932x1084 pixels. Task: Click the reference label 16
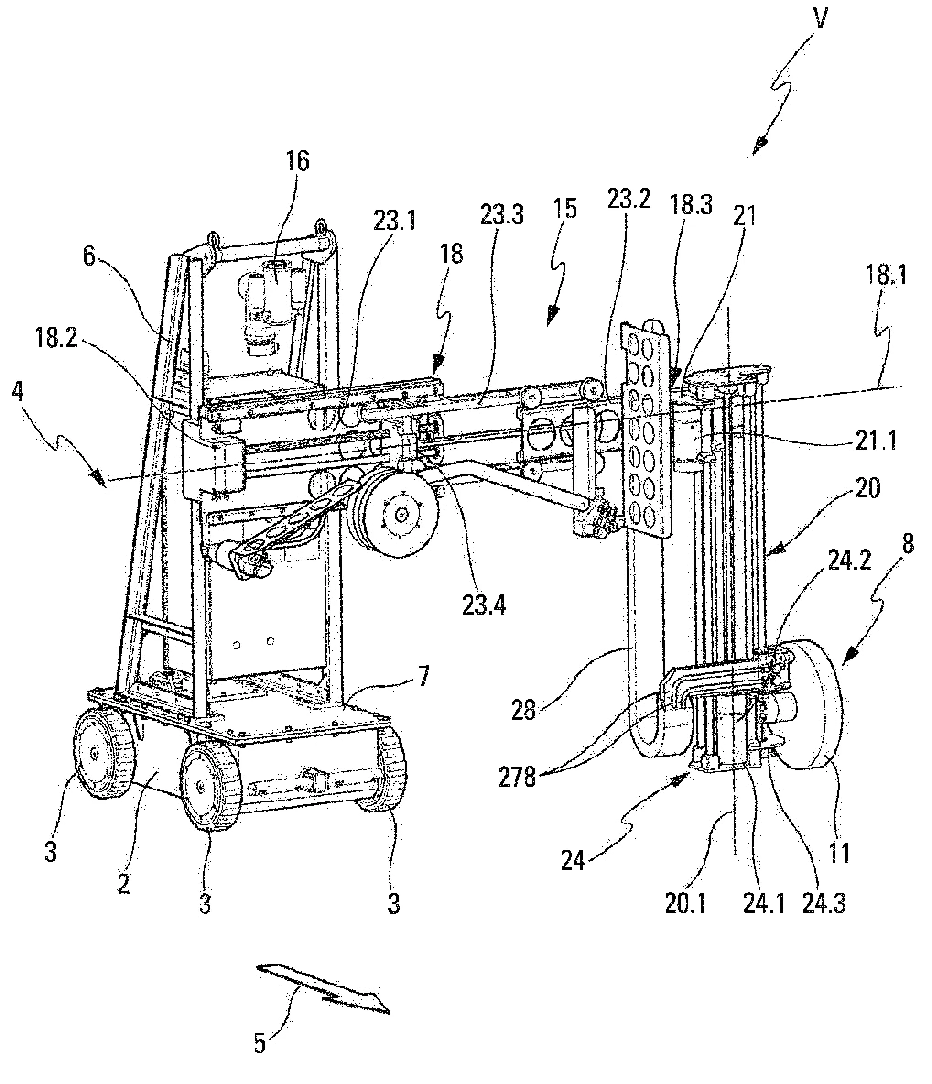click(x=297, y=163)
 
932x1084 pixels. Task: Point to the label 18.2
click(x=56, y=339)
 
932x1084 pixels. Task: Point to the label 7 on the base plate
click(x=423, y=676)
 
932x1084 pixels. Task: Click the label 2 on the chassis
click(x=124, y=883)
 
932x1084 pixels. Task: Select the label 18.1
click(x=885, y=276)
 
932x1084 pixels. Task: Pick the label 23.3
click(x=502, y=215)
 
